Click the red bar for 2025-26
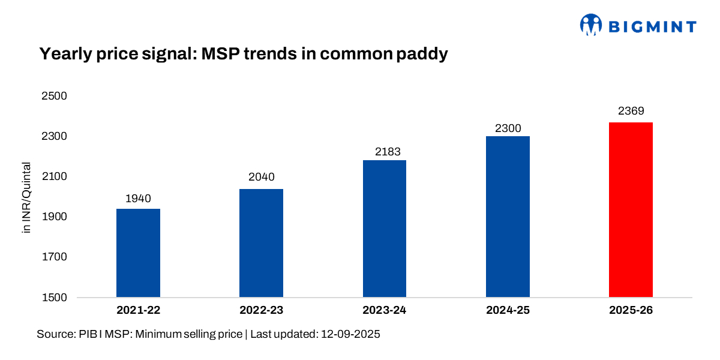pyautogui.click(x=631, y=209)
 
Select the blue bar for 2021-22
pyautogui.click(x=138, y=253)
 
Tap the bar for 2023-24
pyautogui.click(x=385, y=228)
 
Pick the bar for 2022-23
pyautogui.click(x=261, y=243)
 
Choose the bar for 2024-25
pyautogui.click(x=508, y=217)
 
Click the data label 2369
pyautogui.click(x=631, y=112)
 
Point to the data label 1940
pyautogui.click(x=138, y=199)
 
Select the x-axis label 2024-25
pyautogui.click(x=508, y=311)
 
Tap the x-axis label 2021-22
pyautogui.click(x=138, y=311)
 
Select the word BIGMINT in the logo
pyautogui.click(x=652, y=26)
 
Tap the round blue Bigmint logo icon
pyautogui.click(x=590, y=25)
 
